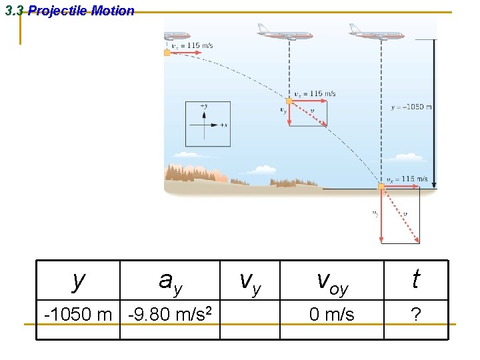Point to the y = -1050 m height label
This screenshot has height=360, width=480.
pos(411,107)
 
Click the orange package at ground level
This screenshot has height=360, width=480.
pos(381,187)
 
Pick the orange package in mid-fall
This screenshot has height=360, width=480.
pos(289,101)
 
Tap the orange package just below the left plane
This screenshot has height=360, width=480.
pos(167,53)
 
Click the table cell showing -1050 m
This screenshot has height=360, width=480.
pos(78,313)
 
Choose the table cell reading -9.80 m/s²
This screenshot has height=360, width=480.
pos(170,313)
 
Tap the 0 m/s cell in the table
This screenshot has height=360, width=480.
pos(332,314)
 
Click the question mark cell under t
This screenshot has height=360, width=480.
pos(416,314)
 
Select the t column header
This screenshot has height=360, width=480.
pos(416,279)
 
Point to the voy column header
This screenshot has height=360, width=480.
pos(332,281)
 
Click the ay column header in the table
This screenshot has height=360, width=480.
pos(170,281)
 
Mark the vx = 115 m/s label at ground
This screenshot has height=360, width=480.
pos(407,179)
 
